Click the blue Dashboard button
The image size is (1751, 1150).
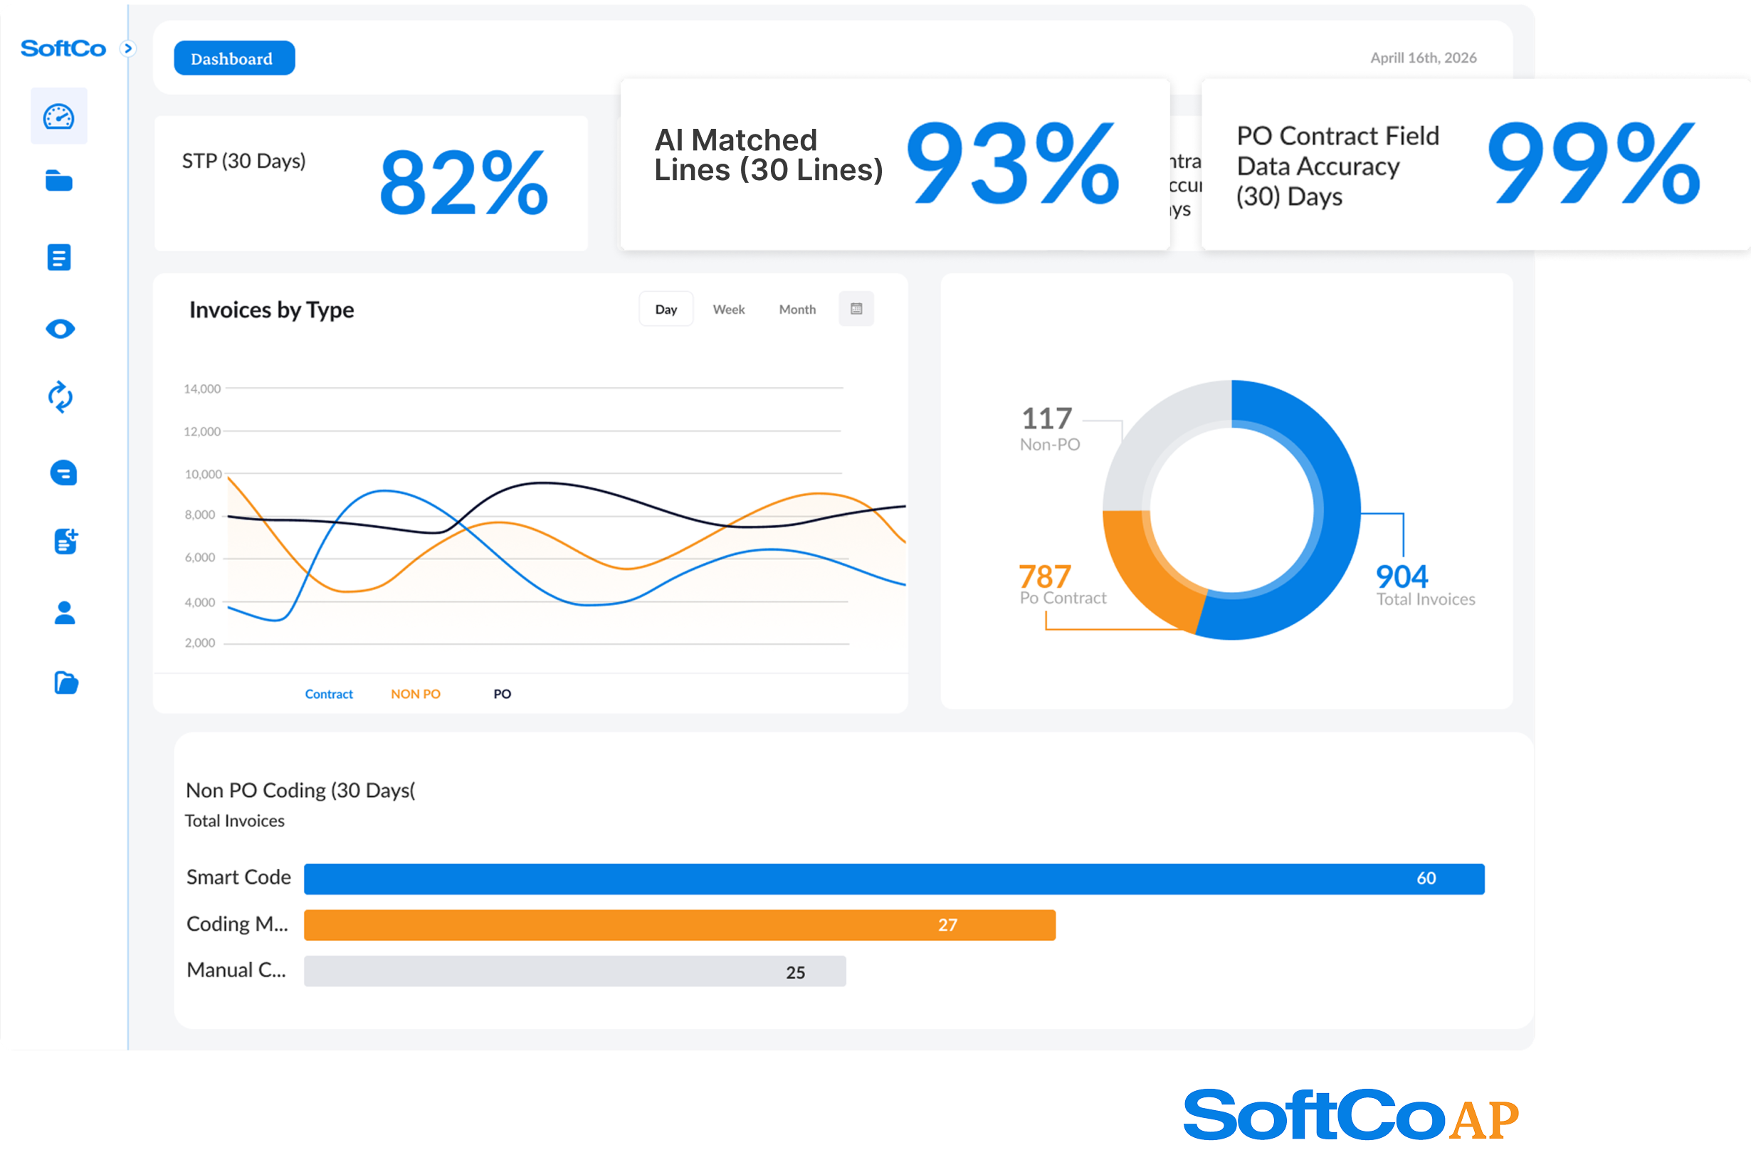coord(234,58)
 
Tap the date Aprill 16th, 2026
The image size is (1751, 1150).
coord(1423,58)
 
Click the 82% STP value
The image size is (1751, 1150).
coord(463,182)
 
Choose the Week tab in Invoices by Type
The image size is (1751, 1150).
coord(728,310)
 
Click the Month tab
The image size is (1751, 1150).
coord(796,310)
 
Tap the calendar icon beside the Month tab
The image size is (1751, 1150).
coord(856,309)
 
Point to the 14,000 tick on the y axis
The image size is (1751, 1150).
coord(201,389)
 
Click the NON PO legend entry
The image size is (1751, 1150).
coord(415,694)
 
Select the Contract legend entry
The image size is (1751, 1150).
coord(328,694)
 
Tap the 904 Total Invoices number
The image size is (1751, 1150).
coord(1402,576)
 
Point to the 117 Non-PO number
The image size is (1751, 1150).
coord(1046,418)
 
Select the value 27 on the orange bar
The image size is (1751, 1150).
coord(947,925)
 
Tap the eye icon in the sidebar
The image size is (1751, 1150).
coord(60,329)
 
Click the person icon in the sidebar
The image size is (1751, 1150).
coord(65,612)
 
